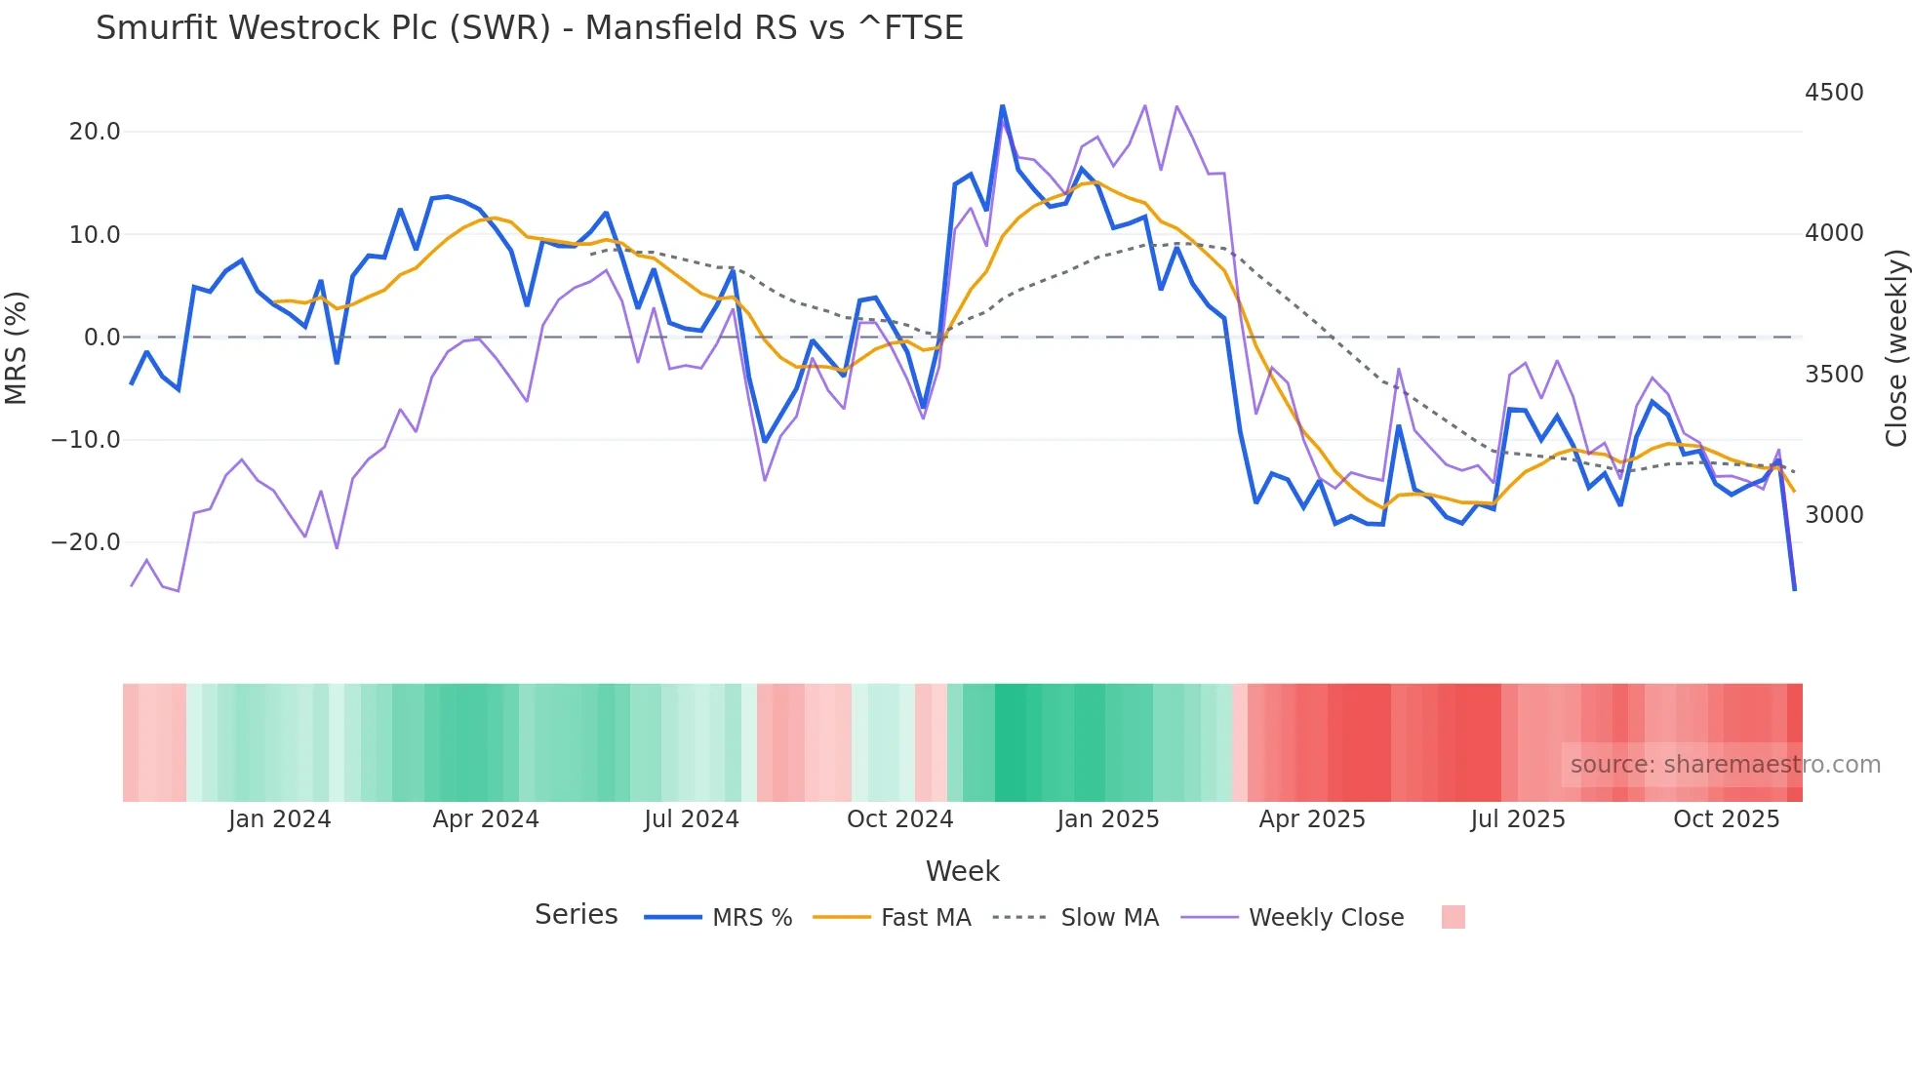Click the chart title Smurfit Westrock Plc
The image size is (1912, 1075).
[529, 27]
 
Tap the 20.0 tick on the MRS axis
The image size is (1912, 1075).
[95, 132]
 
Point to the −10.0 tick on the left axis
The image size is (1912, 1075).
[86, 440]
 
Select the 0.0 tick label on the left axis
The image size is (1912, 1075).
[102, 338]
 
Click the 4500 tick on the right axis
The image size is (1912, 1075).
[1834, 93]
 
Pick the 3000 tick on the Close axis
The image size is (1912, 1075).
[1834, 515]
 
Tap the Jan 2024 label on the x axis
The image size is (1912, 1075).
[280, 819]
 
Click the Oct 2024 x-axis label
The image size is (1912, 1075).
[899, 819]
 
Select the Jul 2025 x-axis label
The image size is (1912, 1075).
[1518, 819]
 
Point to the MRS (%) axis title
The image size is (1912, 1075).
[17, 347]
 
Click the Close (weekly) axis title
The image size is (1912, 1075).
[1895, 348]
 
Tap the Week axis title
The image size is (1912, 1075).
[962, 871]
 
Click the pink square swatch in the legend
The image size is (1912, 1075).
[1453, 917]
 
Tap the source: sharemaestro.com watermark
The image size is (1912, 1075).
[1725, 765]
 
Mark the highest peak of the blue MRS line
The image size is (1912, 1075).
[1002, 105]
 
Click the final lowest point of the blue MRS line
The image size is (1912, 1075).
[1794, 589]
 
